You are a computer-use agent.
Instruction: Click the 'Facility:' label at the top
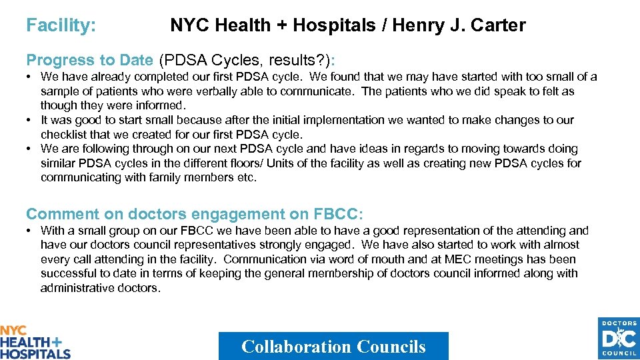61,26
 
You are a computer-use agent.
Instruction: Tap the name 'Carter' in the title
498,26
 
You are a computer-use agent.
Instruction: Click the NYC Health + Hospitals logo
35,342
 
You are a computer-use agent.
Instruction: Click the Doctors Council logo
618,339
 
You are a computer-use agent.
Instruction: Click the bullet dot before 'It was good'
31,121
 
